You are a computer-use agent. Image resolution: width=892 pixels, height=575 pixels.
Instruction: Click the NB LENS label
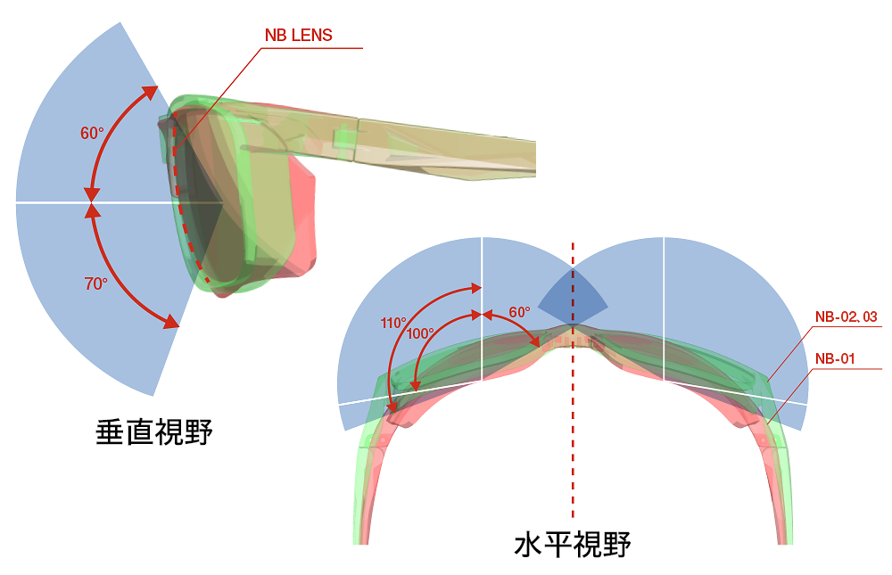coord(298,36)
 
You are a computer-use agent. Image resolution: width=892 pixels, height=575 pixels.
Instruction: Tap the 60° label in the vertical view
coord(92,133)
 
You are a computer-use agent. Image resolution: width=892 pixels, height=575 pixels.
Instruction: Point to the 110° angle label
coord(393,323)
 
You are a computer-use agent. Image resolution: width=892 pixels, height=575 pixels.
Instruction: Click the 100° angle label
coord(420,333)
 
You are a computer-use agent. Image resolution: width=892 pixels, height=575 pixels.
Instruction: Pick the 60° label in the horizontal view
coord(519,312)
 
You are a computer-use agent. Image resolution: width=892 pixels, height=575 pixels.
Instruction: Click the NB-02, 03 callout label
coord(846,316)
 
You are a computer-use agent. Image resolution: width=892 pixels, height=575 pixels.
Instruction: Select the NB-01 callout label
coord(835,358)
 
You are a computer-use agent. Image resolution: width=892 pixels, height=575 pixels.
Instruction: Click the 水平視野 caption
coord(572,543)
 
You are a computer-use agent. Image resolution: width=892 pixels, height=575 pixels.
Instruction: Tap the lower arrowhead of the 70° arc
coord(169,323)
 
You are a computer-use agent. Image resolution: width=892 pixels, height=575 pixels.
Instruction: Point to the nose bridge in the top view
coord(573,336)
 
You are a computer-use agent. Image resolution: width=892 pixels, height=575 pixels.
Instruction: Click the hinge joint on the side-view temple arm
coord(357,140)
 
